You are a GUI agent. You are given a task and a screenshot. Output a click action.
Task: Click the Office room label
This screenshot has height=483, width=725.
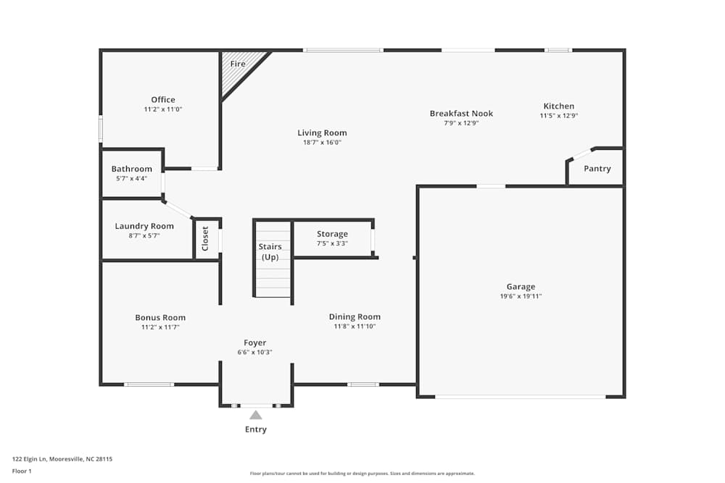pos(163,100)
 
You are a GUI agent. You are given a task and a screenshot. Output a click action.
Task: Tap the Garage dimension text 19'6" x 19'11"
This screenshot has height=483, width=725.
pos(521,296)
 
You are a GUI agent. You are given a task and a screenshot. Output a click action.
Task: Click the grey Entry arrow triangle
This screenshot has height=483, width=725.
pos(255,415)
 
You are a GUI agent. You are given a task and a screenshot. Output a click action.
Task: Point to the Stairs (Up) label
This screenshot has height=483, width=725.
pos(270,252)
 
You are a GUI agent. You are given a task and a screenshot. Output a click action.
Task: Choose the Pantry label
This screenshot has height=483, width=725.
pos(597,169)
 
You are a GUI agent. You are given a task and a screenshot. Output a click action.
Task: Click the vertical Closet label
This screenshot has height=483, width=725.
pos(205,239)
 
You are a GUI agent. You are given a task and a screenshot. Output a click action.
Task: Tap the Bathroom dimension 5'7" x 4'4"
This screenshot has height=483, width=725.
pos(131,178)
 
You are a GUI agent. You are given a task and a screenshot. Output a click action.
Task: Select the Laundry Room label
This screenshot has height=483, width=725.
pos(144,226)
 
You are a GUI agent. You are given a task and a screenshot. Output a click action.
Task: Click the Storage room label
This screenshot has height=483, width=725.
pos(332,234)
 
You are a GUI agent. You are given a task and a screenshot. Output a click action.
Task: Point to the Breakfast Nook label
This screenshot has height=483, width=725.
pos(461,114)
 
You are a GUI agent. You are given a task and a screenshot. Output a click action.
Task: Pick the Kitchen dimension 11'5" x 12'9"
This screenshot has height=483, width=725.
pos(558,116)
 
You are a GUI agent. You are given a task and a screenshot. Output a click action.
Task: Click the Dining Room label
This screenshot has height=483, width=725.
pos(355,316)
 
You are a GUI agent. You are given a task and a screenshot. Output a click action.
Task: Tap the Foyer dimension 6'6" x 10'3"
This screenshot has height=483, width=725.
pos(254,353)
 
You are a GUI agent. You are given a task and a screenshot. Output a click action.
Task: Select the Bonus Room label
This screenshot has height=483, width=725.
pos(160,317)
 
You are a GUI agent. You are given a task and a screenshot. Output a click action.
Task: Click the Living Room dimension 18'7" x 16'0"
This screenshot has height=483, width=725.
pos(322,143)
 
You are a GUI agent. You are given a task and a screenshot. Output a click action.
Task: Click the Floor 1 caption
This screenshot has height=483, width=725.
pos(22,471)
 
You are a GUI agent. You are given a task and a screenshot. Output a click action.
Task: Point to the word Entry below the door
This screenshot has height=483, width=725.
pos(255,429)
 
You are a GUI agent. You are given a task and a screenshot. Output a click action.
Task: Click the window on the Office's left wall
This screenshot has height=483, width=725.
pos(101,129)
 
